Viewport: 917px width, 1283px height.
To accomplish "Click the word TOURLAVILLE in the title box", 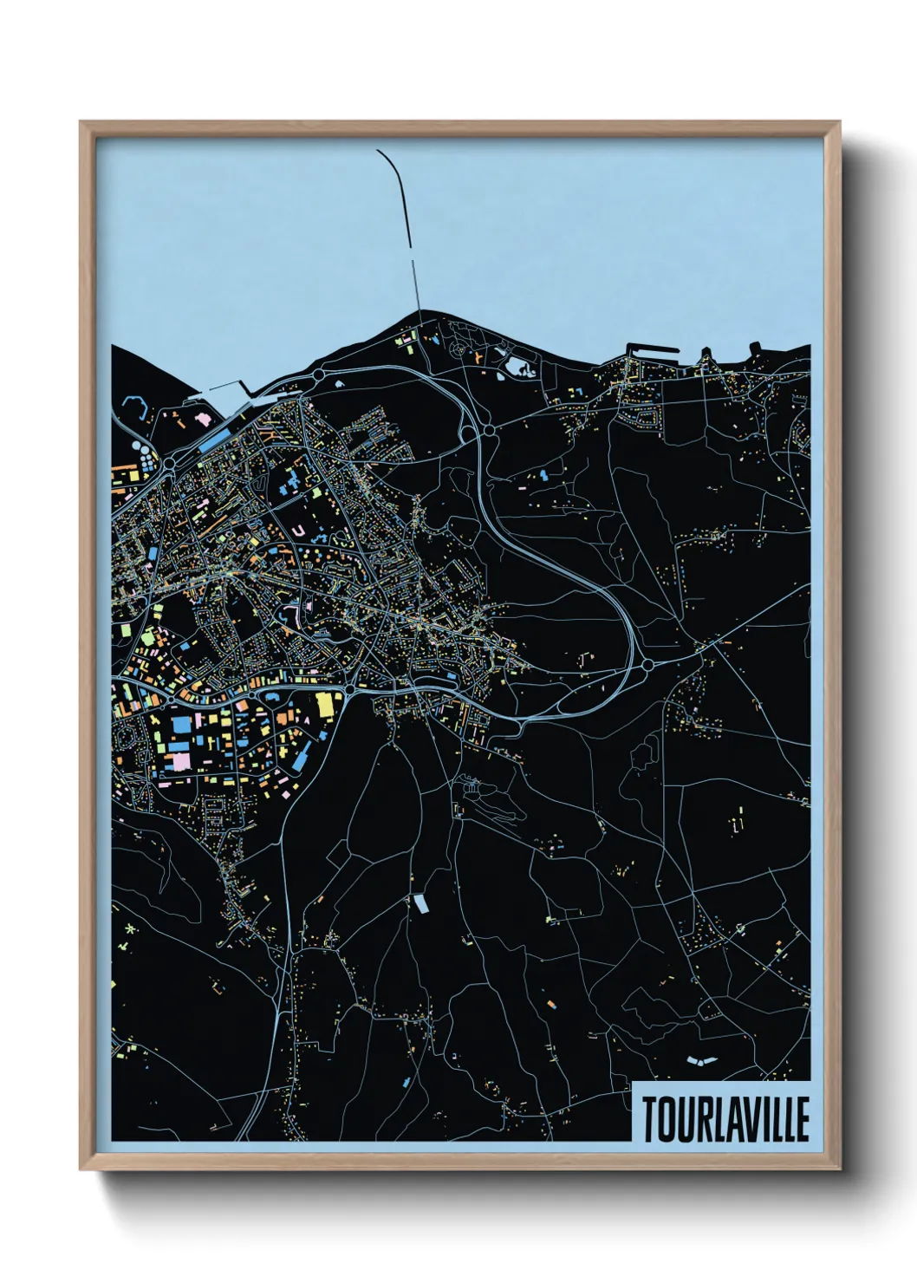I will (725, 1119).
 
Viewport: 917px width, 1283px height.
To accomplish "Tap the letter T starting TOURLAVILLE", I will (649, 1119).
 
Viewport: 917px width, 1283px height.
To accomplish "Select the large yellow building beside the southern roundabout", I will (325, 704).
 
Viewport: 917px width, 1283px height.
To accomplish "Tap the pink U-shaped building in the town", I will (298, 529).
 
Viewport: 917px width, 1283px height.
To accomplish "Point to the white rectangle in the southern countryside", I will (420, 904).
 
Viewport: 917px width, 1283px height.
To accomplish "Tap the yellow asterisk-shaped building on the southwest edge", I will (130, 929).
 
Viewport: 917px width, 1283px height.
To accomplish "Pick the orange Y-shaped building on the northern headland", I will (478, 356).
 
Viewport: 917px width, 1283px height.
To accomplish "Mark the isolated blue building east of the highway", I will (543, 476).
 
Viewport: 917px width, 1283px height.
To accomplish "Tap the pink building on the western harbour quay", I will (204, 419).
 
